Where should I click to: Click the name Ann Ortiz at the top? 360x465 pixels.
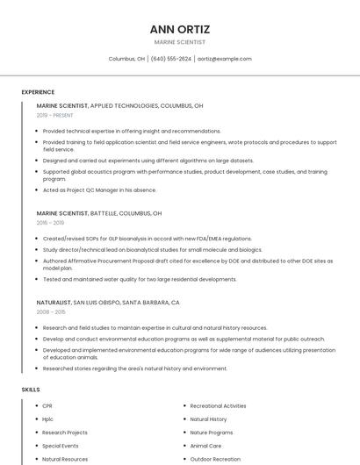[180, 29]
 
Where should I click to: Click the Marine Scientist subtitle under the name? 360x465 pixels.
[180, 42]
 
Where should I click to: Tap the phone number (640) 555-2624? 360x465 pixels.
[170, 59]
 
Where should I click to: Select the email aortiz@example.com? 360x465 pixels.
[225, 59]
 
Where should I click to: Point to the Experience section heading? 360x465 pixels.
[38, 92]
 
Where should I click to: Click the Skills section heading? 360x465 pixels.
[30, 389]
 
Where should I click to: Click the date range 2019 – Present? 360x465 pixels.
[54, 115]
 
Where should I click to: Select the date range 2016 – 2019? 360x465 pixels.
[50, 223]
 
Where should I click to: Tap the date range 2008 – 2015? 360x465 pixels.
[50, 311]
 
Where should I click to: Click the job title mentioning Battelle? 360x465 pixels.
[99, 213]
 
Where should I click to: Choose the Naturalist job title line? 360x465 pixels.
[108, 302]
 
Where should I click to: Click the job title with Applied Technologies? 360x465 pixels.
[119, 105]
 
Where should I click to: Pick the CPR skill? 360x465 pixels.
[47, 406]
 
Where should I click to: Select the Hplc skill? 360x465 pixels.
[48, 419]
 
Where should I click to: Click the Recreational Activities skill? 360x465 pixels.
[218, 406]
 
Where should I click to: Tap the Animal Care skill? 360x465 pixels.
[205, 446]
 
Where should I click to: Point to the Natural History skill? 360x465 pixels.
[208, 419]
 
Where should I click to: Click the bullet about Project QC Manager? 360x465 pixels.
[99, 190]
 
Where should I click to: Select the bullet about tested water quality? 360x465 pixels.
[140, 279]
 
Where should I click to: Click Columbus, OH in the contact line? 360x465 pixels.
[126, 59]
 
